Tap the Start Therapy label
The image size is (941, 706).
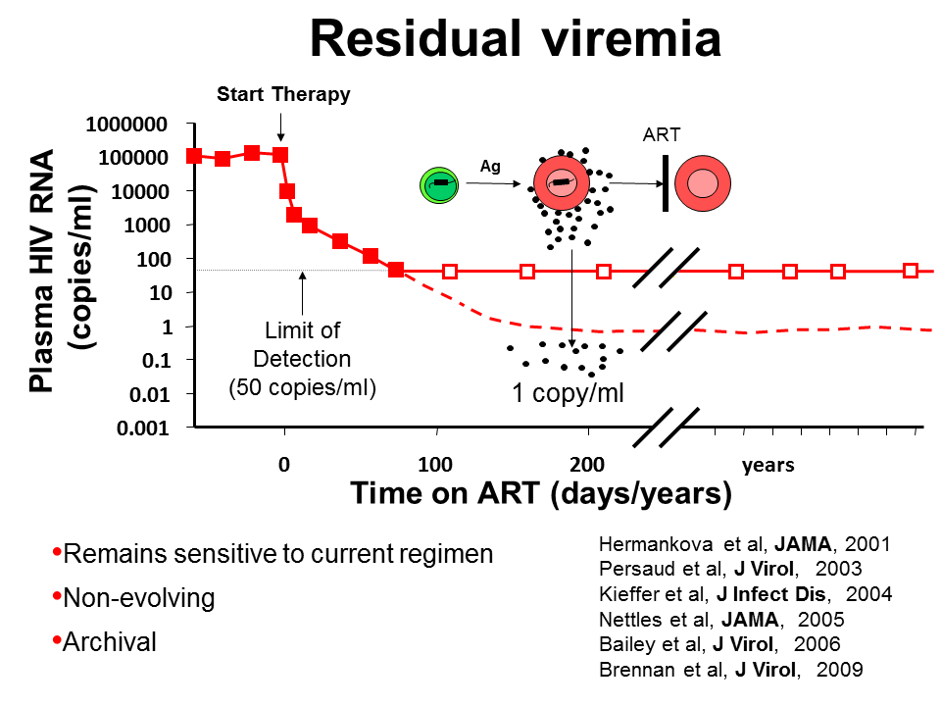pos(283,94)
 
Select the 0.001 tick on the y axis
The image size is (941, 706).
pos(141,428)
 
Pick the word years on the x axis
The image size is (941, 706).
pos(768,465)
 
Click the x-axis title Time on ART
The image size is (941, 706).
pos(541,494)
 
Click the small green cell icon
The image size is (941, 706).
pos(437,182)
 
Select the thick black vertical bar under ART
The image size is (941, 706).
pos(666,182)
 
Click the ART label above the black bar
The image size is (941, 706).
pos(662,135)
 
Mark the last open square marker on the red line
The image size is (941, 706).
pos(910,271)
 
